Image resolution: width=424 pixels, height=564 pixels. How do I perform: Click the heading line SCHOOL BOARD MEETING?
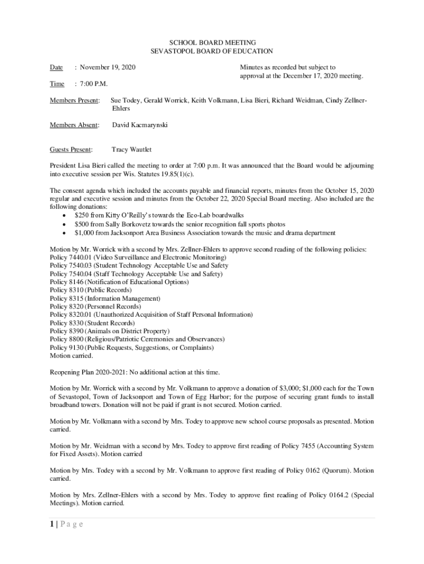(x=212, y=42)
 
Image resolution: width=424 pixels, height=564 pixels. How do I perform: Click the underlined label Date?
(x=56, y=67)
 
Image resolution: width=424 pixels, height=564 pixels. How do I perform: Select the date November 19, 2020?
(x=107, y=67)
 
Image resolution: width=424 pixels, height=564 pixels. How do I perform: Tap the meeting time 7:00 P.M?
(x=94, y=84)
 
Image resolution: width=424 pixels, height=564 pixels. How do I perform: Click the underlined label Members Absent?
(x=74, y=125)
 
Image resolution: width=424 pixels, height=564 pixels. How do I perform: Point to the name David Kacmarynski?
(x=140, y=125)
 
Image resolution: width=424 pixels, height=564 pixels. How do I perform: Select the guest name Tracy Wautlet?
(x=132, y=149)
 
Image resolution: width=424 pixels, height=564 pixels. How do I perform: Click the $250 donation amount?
(x=82, y=215)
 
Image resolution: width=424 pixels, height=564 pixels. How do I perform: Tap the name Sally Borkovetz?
(x=134, y=224)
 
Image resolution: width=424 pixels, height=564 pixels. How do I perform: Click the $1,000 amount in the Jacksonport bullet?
(x=85, y=233)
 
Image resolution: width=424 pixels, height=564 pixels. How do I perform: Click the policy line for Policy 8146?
(x=119, y=282)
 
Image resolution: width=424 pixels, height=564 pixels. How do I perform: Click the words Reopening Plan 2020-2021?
(x=87, y=372)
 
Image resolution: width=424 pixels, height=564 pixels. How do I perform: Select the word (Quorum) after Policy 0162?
(x=333, y=470)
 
